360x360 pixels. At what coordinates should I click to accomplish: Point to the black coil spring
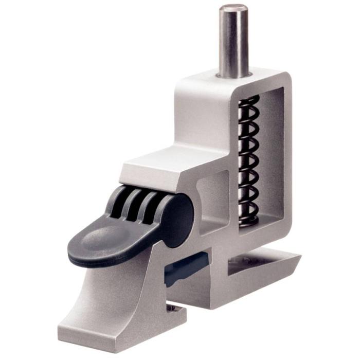click(249, 159)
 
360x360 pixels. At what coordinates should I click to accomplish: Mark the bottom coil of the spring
click(249, 219)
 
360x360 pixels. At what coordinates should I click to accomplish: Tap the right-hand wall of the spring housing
click(285, 154)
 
